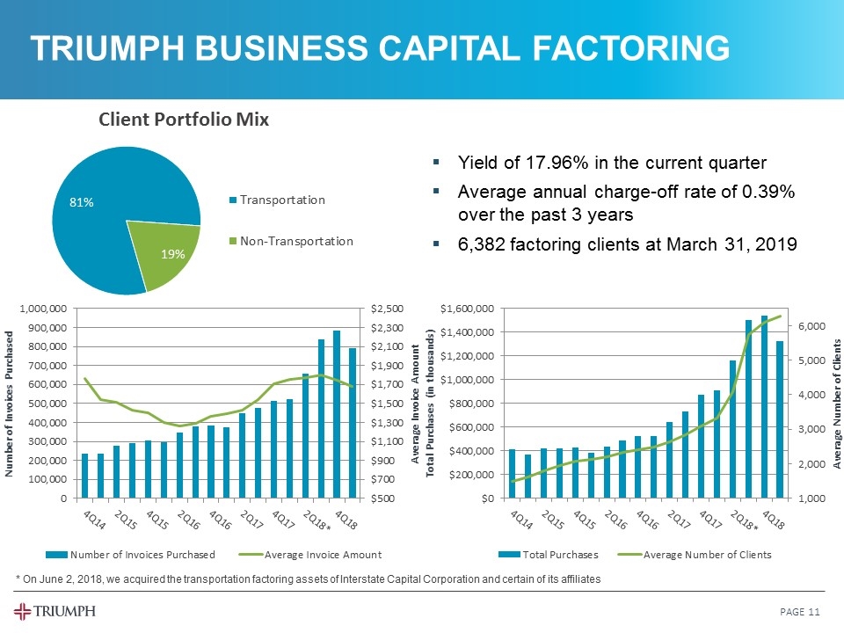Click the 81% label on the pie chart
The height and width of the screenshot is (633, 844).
[82, 202]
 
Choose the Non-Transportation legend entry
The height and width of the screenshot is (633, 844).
[297, 241]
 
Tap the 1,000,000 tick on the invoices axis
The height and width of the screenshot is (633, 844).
[40, 309]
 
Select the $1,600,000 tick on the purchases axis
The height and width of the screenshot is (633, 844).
[468, 309]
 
